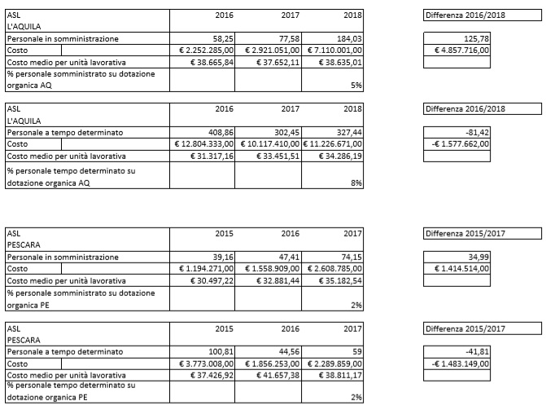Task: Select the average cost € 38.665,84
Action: (211, 62)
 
